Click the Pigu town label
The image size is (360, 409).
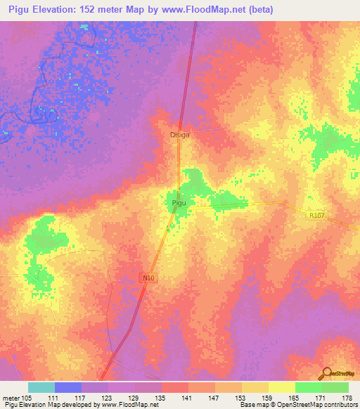pos(179,202)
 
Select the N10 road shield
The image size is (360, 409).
pos(148,278)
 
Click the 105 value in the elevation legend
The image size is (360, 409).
pos(27,398)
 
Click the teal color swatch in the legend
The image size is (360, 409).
pos(41,387)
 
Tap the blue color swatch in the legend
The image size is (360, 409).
pos(67,387)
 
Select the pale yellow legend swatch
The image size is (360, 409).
pos(281,387)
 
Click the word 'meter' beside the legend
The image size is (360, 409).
pos(11,398)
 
